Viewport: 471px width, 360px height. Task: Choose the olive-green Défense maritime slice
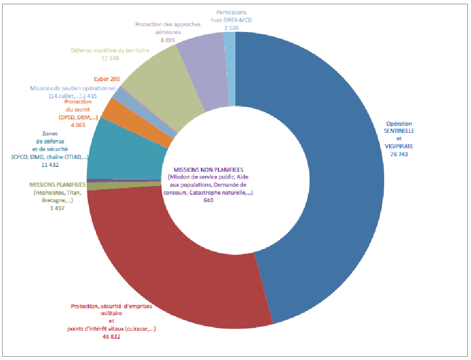click(x=160, y=75)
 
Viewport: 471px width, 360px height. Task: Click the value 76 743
click(x=400, y=154)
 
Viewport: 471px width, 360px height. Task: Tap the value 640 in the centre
click(x=208, y=201)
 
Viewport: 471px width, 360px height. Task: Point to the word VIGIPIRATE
click(x=400, y=145)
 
